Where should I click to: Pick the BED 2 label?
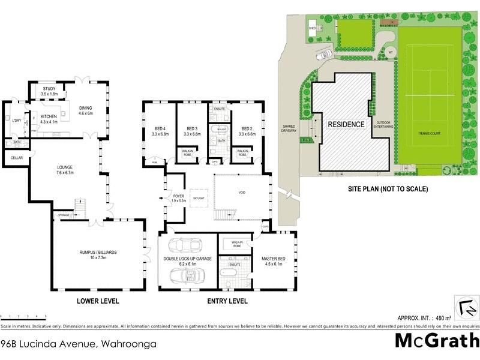point(247,128)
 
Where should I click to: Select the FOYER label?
point(179,195)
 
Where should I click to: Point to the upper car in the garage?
point(185,247)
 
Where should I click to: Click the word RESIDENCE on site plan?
point(346,124)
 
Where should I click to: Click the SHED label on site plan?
point(312,28)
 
